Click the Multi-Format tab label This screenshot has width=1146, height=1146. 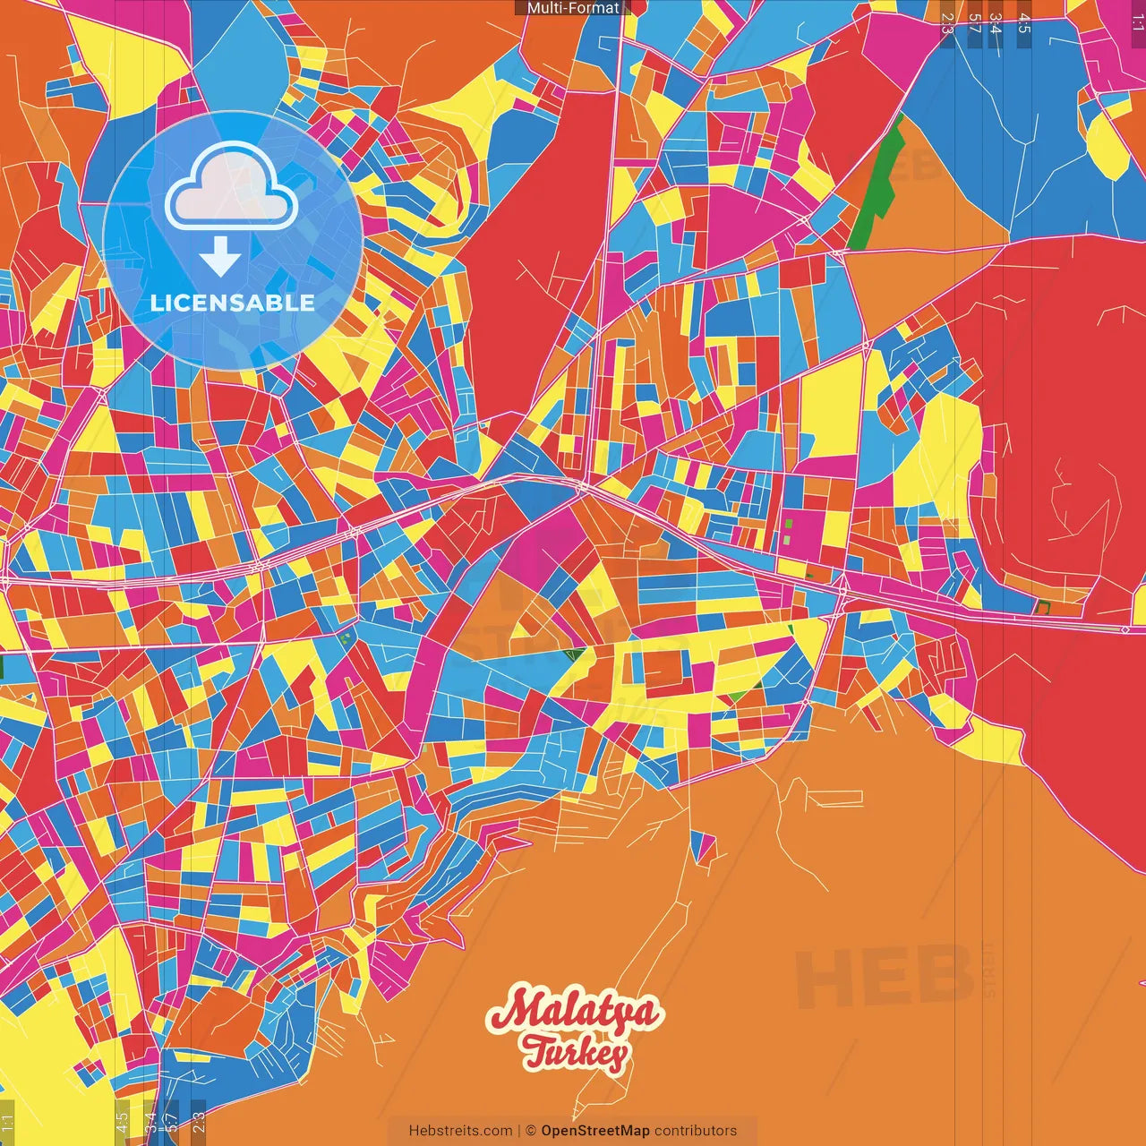click(572, 8)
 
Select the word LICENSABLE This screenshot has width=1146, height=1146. click(233, 303)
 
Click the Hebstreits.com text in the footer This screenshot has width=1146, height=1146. click(460, 1131)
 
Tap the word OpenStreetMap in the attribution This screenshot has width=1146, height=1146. click(594, 1131)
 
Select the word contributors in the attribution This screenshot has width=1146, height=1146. click(696, 1131)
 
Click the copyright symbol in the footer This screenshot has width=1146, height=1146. click(530, 1131)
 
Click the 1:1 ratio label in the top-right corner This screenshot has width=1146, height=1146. click(1137, 20)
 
